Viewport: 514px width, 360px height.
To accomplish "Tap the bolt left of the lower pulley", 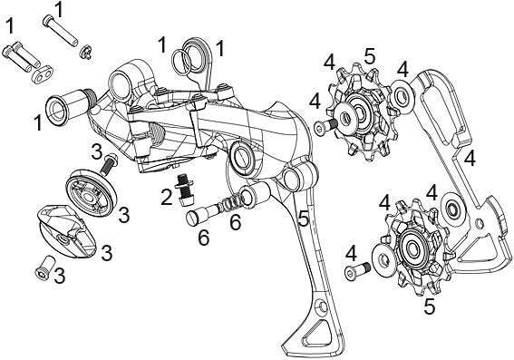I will point(357,269).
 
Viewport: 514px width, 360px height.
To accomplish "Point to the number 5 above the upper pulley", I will point(369,56).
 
